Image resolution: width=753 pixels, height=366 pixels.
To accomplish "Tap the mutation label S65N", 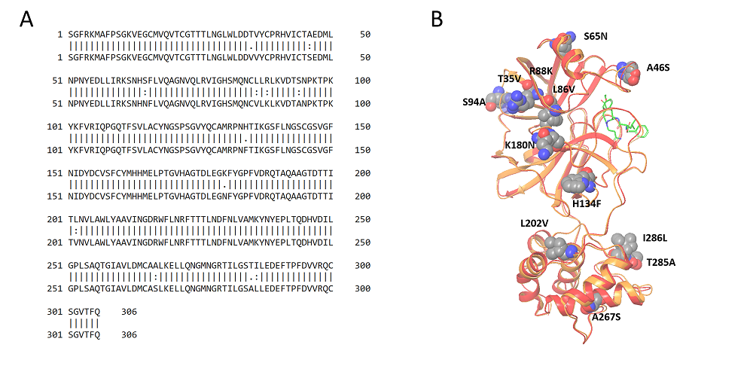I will point(596,35).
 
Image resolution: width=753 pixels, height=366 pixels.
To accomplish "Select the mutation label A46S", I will point(658,68).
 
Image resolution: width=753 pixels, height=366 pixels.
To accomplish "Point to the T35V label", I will point(509,78).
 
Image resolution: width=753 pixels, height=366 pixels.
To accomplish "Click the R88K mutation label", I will point(541,72).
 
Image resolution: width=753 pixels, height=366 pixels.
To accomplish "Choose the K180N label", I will point(520,145).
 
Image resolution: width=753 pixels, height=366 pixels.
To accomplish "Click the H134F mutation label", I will point(587,203).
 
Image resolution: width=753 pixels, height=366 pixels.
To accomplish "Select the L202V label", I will point(533,224).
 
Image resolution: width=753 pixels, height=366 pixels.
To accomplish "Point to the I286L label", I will point(655,238).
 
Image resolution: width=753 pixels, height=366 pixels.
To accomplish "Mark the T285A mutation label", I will point(661,262).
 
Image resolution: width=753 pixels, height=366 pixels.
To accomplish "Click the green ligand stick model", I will point(621,120).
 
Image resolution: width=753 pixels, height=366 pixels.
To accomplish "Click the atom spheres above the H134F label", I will point(578,183).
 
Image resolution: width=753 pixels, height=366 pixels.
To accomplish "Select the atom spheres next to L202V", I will point(558,247).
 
